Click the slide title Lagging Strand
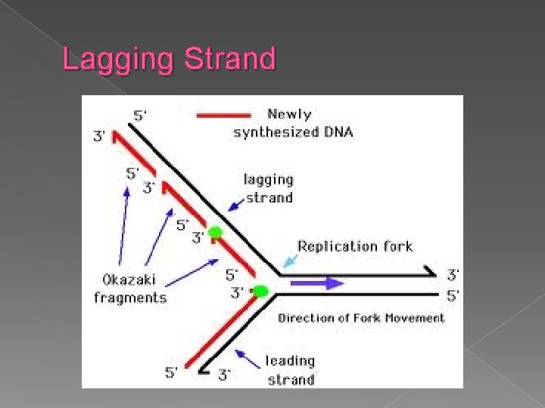169,59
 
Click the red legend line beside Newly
223,116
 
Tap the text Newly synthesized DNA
294,123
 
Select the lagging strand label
268,189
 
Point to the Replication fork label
355,246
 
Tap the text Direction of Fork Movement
361,318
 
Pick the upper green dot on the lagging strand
216,232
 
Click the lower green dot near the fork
260,291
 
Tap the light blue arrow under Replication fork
290,261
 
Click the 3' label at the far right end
452,276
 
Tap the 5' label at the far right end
452,296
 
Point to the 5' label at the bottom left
173,372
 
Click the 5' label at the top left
140,116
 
